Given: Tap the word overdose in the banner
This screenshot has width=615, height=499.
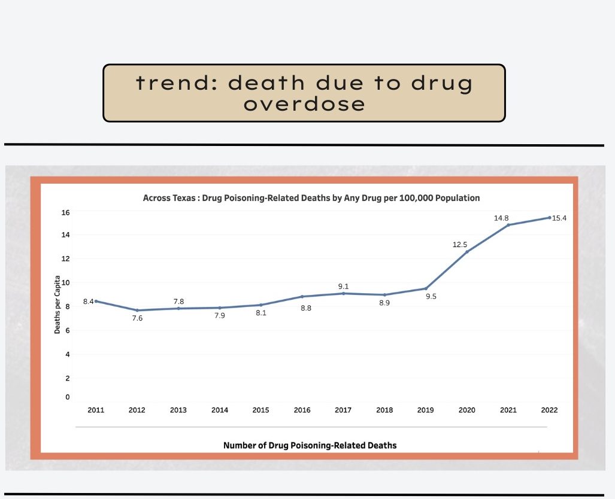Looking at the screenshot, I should point(304,104).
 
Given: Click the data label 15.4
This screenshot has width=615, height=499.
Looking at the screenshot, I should point(559,218).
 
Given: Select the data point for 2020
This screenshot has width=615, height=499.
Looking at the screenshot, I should point(467,251).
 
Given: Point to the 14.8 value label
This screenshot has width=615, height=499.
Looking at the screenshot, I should point(501,218).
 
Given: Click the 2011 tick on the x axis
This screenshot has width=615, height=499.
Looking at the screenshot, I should point(96,410).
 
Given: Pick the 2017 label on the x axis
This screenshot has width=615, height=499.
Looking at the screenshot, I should point(343,410).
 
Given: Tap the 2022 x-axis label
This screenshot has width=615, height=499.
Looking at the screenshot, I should point(549,410).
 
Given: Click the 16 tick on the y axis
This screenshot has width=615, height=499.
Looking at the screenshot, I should point(66,212).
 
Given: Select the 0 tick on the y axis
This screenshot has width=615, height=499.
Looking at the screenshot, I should point(68,397).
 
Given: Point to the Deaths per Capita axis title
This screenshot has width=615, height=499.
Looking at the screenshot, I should point(57,304).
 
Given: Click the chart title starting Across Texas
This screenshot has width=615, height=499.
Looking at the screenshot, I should point(311,197).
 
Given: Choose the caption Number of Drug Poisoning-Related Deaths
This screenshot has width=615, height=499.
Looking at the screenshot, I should point(310,445).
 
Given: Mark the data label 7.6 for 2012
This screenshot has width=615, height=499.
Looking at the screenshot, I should point(137,318).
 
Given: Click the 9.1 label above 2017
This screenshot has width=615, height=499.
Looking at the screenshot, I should point(343,286).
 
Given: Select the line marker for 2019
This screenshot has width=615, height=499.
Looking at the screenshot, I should point(426,288).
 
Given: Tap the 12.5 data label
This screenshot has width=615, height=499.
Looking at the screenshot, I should point(460,245).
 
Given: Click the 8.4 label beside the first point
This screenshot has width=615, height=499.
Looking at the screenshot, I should point(88,302).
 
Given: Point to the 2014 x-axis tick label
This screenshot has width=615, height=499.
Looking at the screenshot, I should point(219,410).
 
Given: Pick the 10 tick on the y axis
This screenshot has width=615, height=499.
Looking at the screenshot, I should point(66,282).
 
